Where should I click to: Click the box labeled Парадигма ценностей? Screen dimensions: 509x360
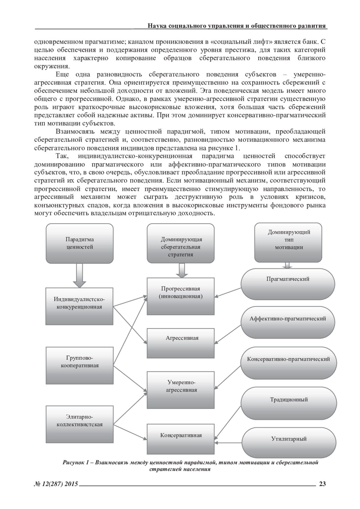click(x=79, y=243)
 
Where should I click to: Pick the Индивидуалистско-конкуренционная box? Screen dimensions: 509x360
click(x=79, y=306)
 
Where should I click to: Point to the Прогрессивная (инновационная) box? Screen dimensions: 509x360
click(x=181, y=296)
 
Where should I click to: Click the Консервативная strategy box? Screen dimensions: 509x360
click(x=181, y=439)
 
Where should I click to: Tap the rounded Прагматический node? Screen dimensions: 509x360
click(x=288, y=284)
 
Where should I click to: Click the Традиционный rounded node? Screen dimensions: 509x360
click(x=288, y=402)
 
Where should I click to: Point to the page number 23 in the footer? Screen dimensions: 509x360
click(x=322, y=484)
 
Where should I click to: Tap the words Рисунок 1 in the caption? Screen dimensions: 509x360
click(x=75, y=463)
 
